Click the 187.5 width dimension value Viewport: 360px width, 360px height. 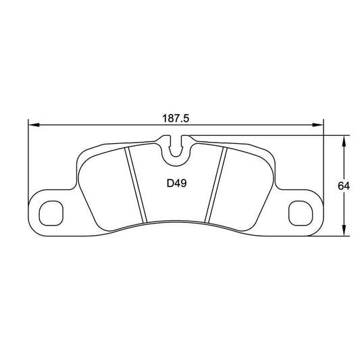click(174, 118)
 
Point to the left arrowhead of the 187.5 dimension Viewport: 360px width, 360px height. click(32, 125)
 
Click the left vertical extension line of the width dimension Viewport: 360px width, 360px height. click(28, 162)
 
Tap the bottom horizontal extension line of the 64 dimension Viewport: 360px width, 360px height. click(334, 236)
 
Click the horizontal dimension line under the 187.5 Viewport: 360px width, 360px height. click(101, 125)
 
